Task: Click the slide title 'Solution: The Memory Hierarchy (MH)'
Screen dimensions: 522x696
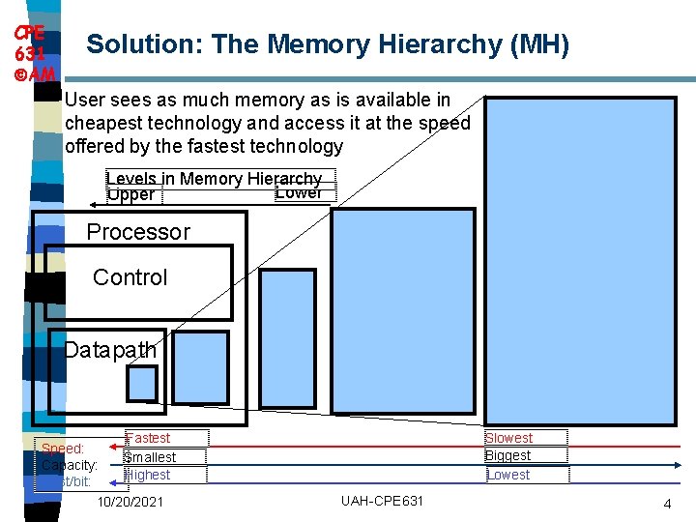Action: click(328, 44)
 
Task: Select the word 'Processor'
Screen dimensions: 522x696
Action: click(138, 232)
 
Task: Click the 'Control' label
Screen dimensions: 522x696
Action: click(130, 277)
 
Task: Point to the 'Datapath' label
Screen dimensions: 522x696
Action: click(109, 349)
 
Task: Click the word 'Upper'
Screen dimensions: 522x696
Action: click(130, 195)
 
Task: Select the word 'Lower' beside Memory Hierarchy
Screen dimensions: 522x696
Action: click(299, 192)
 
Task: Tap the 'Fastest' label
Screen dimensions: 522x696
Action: click(149, 438)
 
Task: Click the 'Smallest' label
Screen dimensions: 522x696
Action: click(150, 456)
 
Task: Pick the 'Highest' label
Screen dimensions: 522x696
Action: click(148, 475)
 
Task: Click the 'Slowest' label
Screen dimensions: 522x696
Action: click(508, 438)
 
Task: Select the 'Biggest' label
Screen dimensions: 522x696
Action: click(507, 455)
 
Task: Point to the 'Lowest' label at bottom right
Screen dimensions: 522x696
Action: click(508, 475)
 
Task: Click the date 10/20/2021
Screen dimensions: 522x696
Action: click(130, 502)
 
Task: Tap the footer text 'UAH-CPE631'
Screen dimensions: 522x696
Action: click(382, 501)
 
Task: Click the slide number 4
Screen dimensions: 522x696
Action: click(667, 504)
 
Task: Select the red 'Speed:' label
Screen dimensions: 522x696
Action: click(63, 449)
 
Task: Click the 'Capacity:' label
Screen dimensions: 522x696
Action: click(70, 465)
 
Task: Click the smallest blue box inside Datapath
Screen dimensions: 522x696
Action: click(142, 383)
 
